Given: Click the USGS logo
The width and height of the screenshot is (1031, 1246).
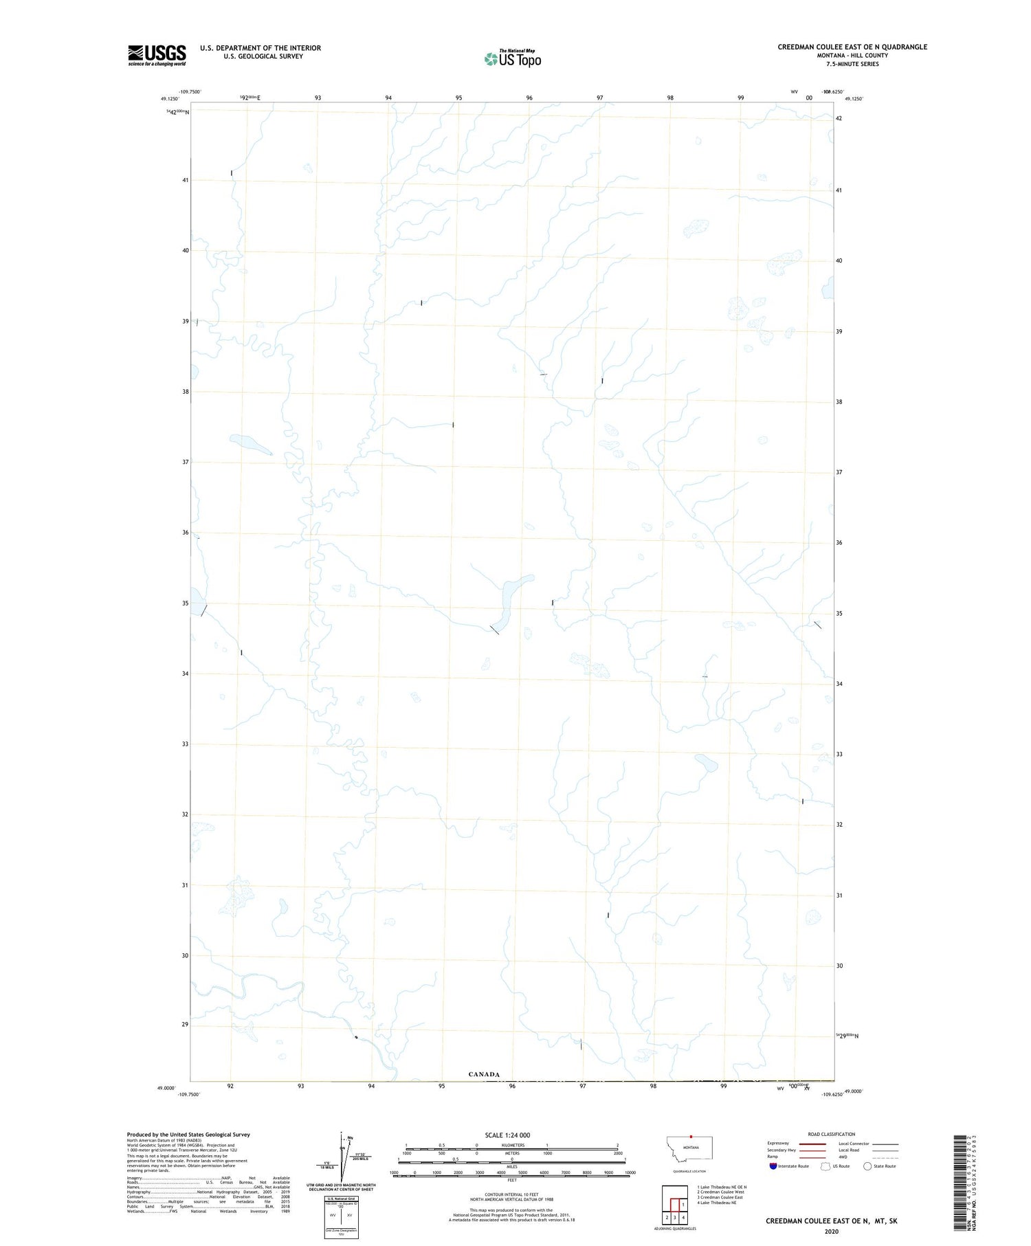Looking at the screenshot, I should click(x=157, y=55).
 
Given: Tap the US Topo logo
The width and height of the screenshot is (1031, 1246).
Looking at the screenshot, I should click(x=513, y=58).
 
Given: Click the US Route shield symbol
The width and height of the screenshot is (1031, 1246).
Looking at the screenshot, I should click(x=825, y=1166).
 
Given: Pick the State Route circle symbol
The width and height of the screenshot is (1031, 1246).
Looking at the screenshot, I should click(x=867, y=1166).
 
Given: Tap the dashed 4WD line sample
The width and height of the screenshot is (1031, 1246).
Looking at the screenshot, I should click(x=885, y=1157).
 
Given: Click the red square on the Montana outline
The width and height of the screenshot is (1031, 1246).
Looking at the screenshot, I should click(x=691, y=1136).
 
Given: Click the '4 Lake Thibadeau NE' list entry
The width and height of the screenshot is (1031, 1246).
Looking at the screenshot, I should click(x=717, y=1203).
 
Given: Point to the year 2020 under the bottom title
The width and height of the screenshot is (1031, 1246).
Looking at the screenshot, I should click(x=832, y=1231).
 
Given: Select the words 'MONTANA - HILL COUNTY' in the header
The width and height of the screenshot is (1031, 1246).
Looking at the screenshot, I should click(x=852, y=56).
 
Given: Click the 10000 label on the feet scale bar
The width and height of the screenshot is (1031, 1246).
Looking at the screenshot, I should click(x=630, y=1172).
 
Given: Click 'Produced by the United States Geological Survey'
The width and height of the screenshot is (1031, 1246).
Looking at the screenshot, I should click(x=188, y=1135).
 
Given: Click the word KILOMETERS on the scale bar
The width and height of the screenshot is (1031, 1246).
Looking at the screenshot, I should click(x=511, y=1145).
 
